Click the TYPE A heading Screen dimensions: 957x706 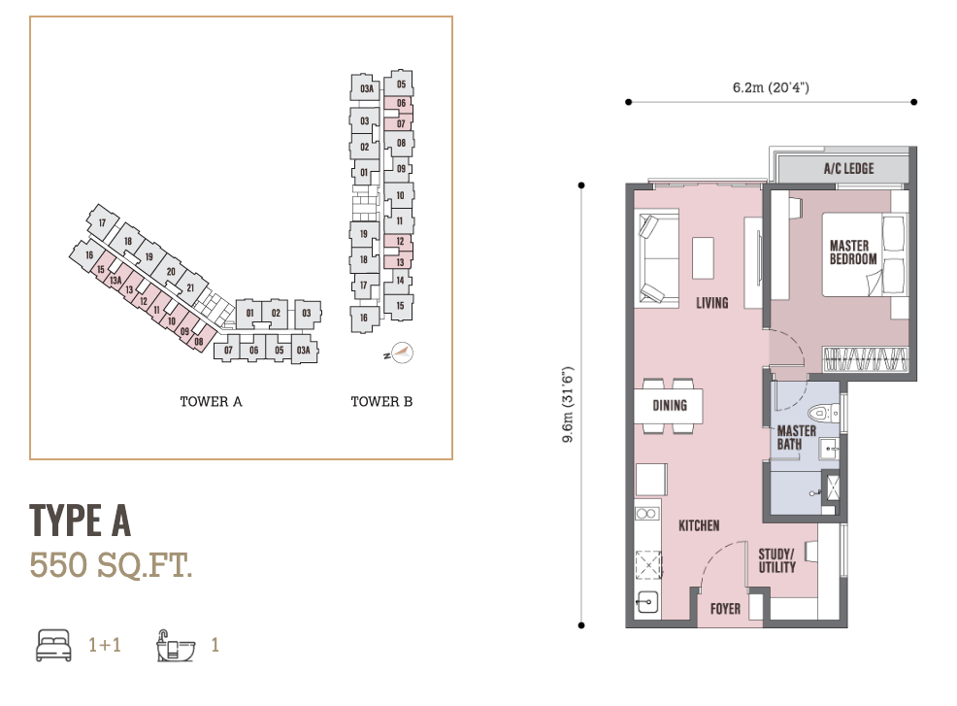click(80, 521)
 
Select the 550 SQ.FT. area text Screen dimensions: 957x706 click(111, 565)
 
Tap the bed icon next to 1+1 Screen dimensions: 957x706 click(53, 645)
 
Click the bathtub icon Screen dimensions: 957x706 click(176, 646)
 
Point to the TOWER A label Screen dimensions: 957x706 click(211, 402)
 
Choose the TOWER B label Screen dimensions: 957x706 click(381, 402)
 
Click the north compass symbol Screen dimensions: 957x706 click(399, 353)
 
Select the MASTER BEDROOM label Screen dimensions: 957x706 click(852, 252)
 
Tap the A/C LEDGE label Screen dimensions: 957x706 click(848, 169)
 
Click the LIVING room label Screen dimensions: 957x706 click(711, 302)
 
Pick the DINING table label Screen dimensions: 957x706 click(670, 406)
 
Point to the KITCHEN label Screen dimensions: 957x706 click(699, 525)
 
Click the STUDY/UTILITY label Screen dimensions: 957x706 click(776, 560)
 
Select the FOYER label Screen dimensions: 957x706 click(725, 609)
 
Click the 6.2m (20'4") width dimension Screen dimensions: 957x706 click(771, 88)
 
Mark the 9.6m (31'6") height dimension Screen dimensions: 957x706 click(568, 405)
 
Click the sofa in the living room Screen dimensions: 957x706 click(658, 259)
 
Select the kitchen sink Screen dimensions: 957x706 click(647, 602)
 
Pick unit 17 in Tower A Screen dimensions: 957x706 click(102, 222)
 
